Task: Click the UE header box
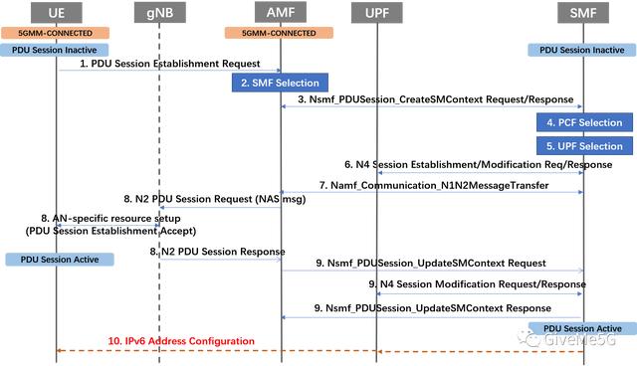point(58,13)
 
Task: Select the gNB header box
point(158,13)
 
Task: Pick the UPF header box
point(377,13)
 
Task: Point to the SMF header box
point(582,13)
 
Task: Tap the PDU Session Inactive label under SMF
point(580,48)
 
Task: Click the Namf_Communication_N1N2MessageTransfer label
point(434,185)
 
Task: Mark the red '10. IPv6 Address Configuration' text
point(181,341)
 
